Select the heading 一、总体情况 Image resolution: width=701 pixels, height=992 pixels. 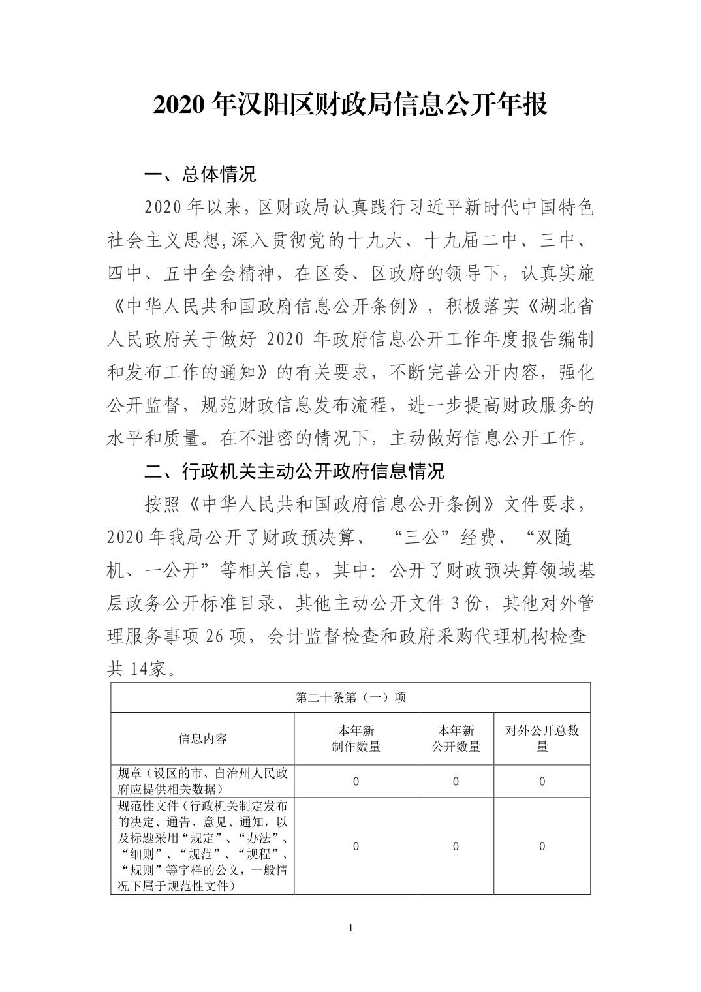point(200,174)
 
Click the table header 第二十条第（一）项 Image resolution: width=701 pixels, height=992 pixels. point(350,698)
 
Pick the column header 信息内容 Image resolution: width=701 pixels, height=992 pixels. point(202,739)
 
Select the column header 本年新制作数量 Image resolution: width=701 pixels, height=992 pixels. point(356,739)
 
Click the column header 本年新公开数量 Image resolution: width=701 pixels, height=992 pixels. point(456,739)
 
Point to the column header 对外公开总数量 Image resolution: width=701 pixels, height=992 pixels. point(542,739)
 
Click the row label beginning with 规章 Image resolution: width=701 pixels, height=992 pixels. point(202,781)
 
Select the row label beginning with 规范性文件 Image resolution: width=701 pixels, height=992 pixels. point(202,846)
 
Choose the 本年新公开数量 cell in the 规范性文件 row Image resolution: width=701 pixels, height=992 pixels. point(456,846)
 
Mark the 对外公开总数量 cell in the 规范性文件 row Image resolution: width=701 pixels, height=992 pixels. point(542,846)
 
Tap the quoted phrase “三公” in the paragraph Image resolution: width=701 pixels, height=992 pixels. point(424,537)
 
